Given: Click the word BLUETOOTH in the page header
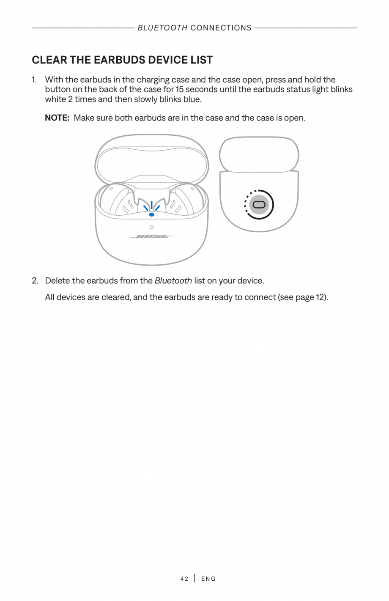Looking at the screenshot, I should click(x=162, y=28).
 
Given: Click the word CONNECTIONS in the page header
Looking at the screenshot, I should click(x=221, y=28).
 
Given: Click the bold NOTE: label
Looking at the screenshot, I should click(x=57, y=118).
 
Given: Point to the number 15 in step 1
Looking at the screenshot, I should click(x=180, y=90).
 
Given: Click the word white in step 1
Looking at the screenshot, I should click(x=55, y=99).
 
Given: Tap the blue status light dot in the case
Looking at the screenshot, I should click(x=152, y=214).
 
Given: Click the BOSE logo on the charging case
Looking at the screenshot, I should click(x=152, y=236).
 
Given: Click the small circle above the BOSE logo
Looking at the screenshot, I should click(x=151, y=227).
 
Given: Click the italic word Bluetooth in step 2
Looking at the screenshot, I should click(x=173, y=281).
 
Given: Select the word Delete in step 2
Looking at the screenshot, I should click(x=58, y=281).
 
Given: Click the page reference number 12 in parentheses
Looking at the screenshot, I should click(x=320, y=297).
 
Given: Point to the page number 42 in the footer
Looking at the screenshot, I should click(x=184, y=579).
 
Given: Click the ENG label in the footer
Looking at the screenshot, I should click(x=208, y=579).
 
